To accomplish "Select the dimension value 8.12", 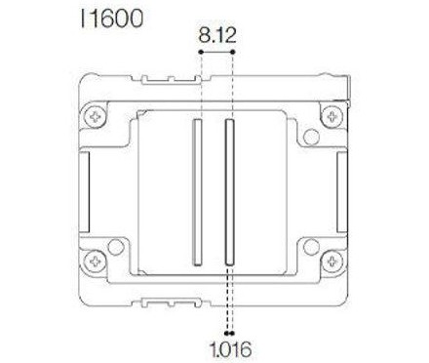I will coord(217,36).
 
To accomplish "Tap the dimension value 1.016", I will coord(230,346).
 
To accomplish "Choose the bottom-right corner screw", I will coord(334,261).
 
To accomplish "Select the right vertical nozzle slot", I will coord(230,191).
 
